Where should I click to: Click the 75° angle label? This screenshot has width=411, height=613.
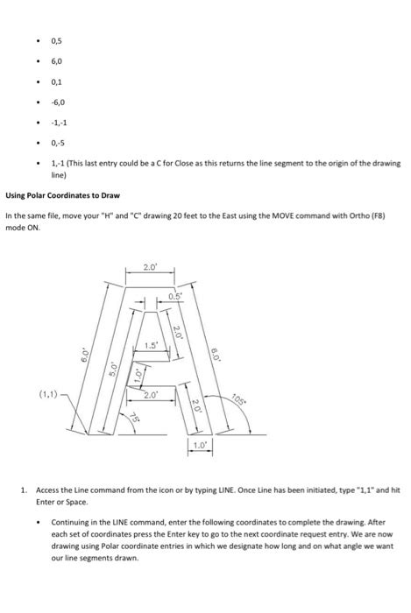click(135, 418)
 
